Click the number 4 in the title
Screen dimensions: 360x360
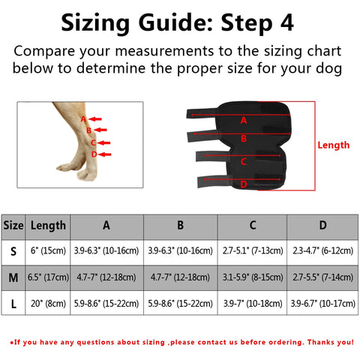click(x=287, y=22)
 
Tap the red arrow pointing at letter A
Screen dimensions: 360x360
click(x=95, y=119)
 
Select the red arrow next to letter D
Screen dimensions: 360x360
click(x=105, y=154)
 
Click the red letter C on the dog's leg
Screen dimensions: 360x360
click(x=93, y=142)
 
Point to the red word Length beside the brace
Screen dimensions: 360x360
click(x=334, y=145)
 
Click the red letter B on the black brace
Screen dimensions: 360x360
click(x=244, y=138)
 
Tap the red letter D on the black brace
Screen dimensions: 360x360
click(x=244, y=184)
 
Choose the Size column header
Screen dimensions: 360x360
click(x=13, y=225)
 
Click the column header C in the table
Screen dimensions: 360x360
click(x=253, y=225)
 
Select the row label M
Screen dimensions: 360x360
click(x=13, y=277)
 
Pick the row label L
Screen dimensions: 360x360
click(x=13, y=304)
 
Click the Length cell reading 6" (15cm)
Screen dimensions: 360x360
click(x=48, y=250)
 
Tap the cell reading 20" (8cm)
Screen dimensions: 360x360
click(x=48, y=304)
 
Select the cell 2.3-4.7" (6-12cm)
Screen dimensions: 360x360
click(x=322, y=250)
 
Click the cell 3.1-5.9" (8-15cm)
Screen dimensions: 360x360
click(x=253, y=277)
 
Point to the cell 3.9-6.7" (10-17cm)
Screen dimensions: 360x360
click(x=322, y=304)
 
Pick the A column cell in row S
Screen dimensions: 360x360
click(x=106, y=250)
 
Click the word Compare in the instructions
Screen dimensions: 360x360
click(x=44, y=52)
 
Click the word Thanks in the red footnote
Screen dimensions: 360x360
click(x=321, y=342)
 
